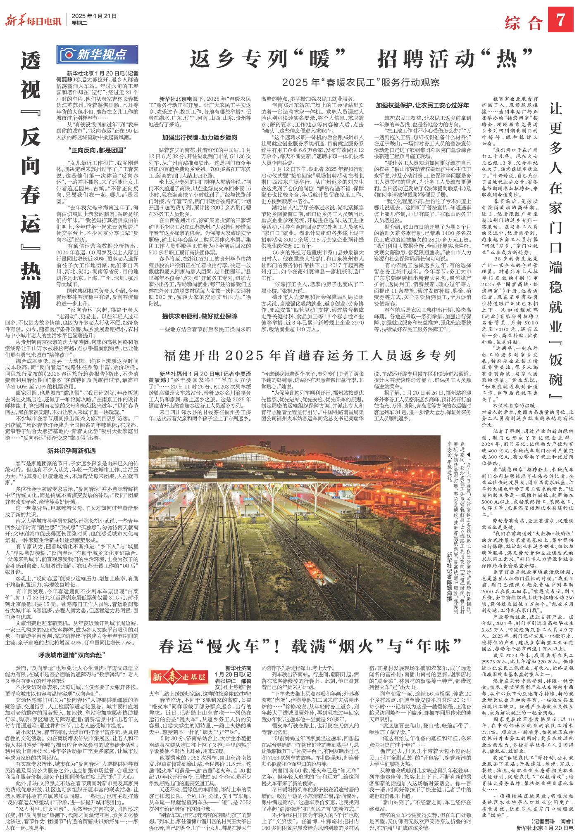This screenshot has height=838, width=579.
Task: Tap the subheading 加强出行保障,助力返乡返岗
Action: [200, 136]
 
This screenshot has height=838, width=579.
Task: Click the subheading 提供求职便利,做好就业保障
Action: [200, 316]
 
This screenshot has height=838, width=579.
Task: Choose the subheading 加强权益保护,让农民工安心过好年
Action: [422, 104]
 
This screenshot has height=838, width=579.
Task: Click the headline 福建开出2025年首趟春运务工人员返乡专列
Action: [310, 355]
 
